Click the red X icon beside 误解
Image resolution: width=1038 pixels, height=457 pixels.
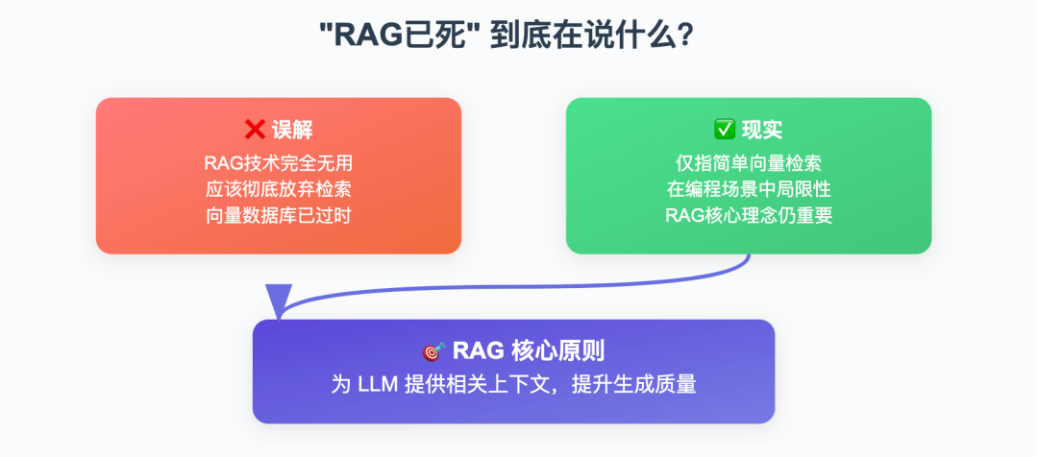coord(256,131)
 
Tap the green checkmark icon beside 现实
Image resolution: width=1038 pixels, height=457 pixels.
coord(724,131)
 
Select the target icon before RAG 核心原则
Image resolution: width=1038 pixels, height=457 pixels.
coord(433,351)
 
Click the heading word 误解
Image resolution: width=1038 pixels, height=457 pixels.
coord(292,131)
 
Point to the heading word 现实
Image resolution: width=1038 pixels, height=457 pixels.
coord(761,131)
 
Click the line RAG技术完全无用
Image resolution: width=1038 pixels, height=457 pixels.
coord(279,162)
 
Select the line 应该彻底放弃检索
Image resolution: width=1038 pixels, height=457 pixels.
coord(279,188)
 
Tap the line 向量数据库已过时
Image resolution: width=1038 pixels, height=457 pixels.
coord(279,214)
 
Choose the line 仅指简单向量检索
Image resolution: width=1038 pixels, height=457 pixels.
coord(749,162)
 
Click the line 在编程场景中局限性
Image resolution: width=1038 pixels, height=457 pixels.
coord(749,188)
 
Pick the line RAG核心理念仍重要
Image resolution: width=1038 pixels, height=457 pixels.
coord(749,214)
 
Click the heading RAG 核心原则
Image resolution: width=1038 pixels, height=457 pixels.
coord(529,351)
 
